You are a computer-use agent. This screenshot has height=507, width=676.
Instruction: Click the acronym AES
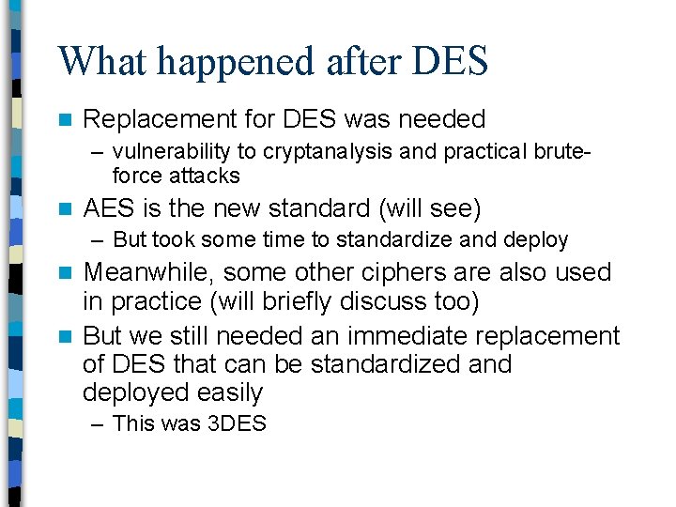105,207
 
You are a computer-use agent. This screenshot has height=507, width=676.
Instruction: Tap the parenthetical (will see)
427,207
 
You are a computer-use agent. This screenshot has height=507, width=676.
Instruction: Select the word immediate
414,335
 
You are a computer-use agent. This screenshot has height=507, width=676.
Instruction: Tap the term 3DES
237,424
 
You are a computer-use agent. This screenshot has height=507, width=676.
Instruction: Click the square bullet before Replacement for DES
64,120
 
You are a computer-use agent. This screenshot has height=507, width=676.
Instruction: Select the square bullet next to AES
64,208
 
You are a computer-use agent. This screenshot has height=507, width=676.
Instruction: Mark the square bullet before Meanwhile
64,273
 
